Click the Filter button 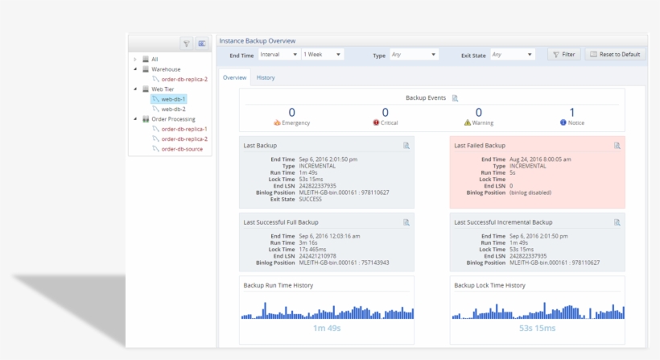coord(564,54)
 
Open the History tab coord(266,78)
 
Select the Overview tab coord(234,78)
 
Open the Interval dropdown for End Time coord(278,54)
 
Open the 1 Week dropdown coord(322,54)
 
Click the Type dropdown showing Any coord(414,54)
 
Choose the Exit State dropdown coord(513,54)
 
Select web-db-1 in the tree coord(173,99)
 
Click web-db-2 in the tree coord(173,109)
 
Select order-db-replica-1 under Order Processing coord(184,129)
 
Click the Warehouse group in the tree coord(166,69)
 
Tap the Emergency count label coord(295,123)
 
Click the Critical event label coord(389,123)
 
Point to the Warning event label coord(483,123)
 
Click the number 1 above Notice coord(571,112)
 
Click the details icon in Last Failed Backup coord(617,146)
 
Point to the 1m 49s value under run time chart coord(326,328)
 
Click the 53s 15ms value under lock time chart coord(537,328)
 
